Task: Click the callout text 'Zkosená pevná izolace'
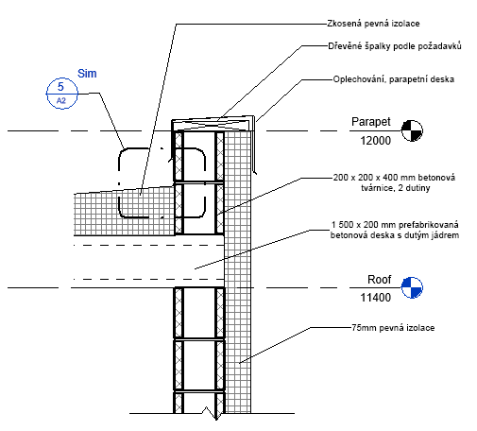(x=373, y=24)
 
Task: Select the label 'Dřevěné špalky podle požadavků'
(x=395, y=46)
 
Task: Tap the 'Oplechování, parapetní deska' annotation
(x=394, y=79)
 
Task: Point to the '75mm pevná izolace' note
(x=393, y=328)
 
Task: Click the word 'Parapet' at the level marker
(x=371, y=122)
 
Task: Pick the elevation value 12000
(x=375, y=141)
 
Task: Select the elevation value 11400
(x=375, y=298)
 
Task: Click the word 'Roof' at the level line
(x=379, y=280)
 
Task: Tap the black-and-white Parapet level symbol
(x=412, y=130)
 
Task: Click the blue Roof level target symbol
(x=412, y=287)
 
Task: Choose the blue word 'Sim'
(x=87, y=74)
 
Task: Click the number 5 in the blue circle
(x=60, y=86)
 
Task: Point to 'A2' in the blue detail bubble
(x=61, y=101)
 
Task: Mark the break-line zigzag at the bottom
(x=211, y=413)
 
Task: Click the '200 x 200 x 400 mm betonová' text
(x=394, y=178)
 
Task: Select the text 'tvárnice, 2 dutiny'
(x=396, y=188)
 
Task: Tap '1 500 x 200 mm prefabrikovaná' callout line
(x=395, y=225)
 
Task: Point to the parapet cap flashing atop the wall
(x=213, y=123)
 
